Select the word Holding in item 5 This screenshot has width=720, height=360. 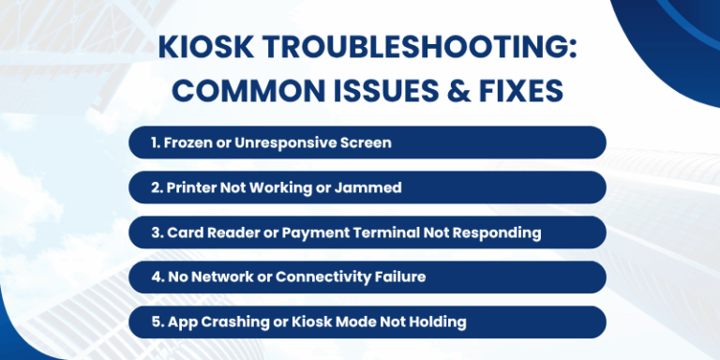click(x=436, y=322)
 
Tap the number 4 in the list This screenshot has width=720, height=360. click(x=156, y=277)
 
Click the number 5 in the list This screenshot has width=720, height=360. click(x=156, y=322)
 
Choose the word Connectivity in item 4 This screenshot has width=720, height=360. click(x=319, y=277)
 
